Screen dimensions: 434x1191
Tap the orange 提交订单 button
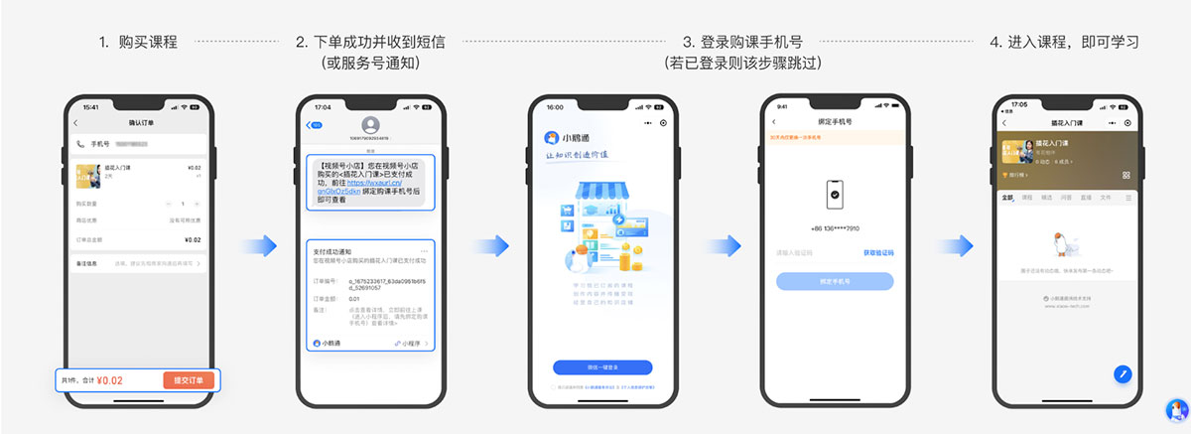188,380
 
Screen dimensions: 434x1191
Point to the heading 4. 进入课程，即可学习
1063,43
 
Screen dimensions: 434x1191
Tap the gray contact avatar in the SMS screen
371,125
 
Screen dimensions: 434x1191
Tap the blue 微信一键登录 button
602,366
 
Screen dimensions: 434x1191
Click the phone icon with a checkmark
835,195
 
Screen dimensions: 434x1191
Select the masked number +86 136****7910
835,228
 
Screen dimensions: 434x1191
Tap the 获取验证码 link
877,253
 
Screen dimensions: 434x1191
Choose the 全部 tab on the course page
1007,198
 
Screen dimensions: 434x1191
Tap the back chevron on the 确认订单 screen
75,122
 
